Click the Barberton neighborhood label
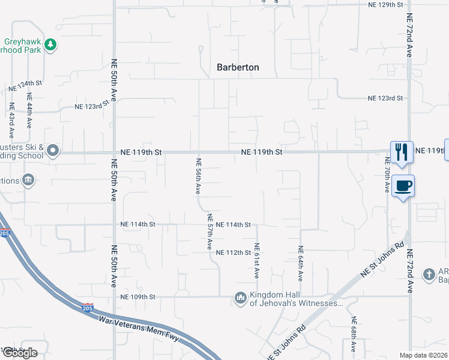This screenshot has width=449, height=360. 238,67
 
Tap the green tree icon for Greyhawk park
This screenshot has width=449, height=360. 51,44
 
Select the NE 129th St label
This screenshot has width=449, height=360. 385,4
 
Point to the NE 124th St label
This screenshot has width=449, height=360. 26,86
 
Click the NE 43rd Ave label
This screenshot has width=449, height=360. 11,120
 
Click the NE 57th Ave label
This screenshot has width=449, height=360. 209,232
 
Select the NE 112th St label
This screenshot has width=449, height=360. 233,253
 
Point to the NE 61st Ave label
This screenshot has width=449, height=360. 256,260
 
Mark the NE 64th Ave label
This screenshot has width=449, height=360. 301,262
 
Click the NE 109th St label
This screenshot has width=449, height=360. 137,297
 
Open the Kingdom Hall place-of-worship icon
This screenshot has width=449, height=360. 240,298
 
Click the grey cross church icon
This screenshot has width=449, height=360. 429,275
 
